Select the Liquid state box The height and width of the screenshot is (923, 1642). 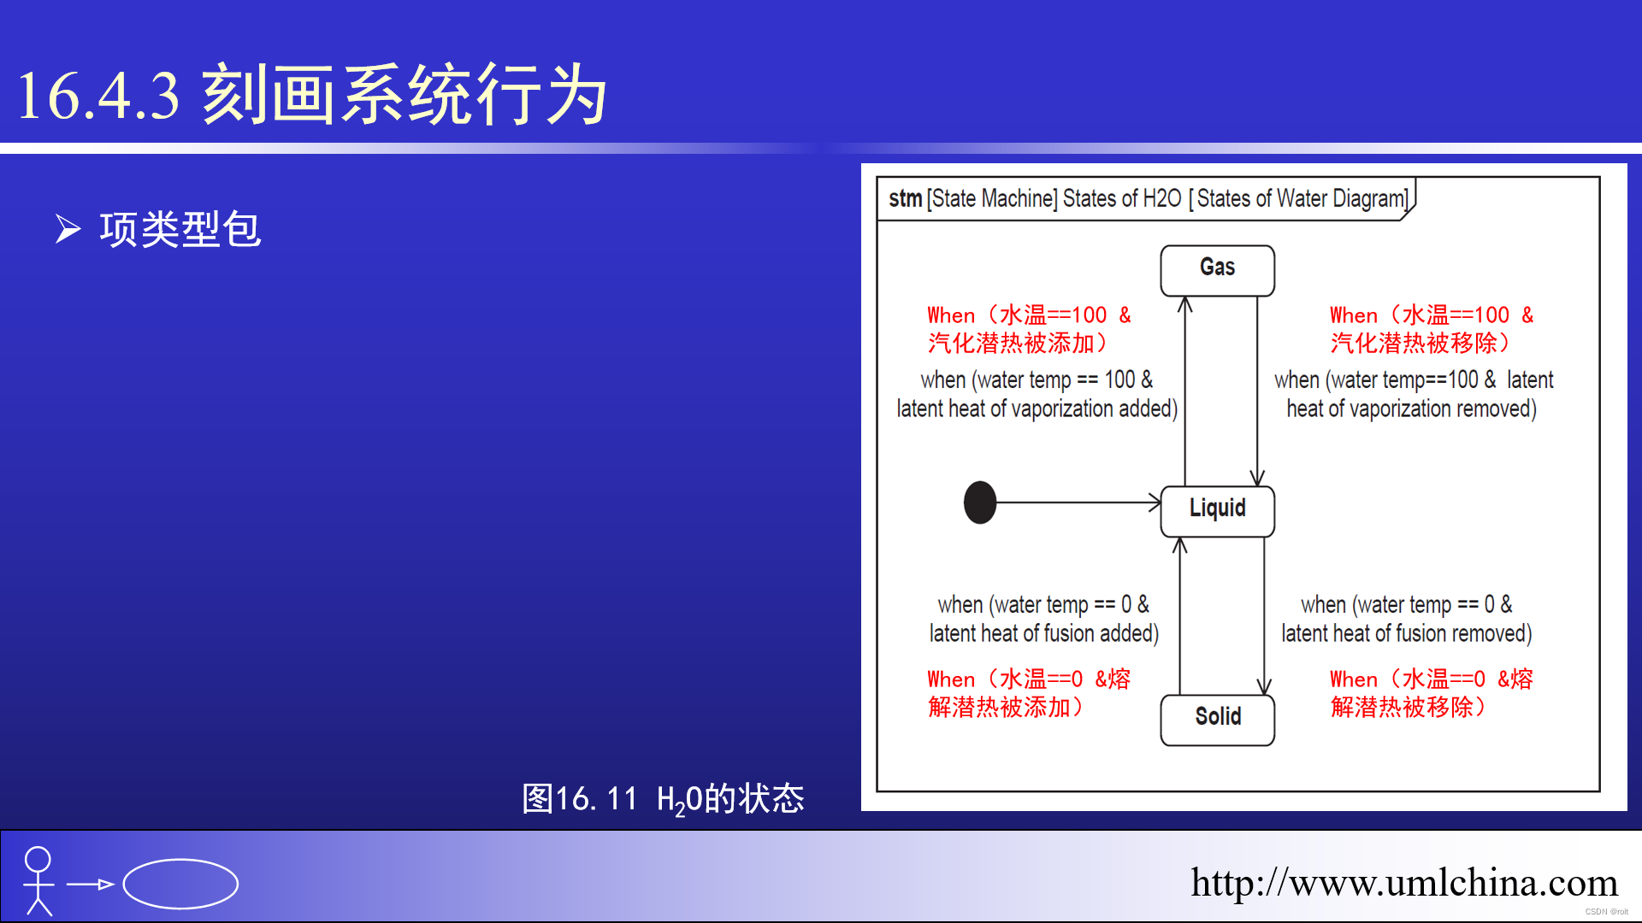pos(1217,511)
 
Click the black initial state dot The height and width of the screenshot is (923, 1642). pos(980,503)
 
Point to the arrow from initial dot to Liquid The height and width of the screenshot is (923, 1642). pos(1078,503)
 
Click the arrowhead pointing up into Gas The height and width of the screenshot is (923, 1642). pos(1184,304)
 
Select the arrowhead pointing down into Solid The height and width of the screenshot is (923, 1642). pos(1264,686)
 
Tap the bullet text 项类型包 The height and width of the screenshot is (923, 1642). pos(180,229)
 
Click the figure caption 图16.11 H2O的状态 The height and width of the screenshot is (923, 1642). pos(663,799)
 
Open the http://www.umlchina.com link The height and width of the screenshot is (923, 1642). pos(1403,883)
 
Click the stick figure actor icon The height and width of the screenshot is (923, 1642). pos(38,881)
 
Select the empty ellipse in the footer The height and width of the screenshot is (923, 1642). pos(180,884)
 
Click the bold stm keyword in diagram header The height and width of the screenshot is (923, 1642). pos(905,198)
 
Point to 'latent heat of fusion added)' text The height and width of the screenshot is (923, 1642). pos(1044,633)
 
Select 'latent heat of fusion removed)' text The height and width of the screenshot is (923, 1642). pos(1407,633)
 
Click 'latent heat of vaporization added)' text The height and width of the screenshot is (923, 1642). pos(1037,409)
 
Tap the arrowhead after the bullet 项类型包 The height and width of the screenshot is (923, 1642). pos(68,229)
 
